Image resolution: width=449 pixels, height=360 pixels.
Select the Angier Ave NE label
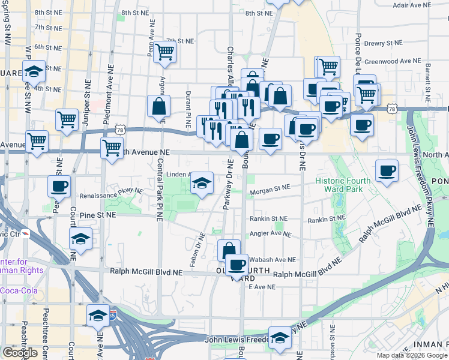(x=271, y=234)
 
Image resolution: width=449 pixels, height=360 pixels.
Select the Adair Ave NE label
(x=409, y=5)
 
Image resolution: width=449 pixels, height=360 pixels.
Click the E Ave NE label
(x=262, y=287)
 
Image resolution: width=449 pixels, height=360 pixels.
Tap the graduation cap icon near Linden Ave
(x=202, y=182)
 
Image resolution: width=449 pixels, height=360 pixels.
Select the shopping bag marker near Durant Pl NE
(x=158, y=106)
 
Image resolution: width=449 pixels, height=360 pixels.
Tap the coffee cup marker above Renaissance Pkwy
(x=59, y=185)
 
